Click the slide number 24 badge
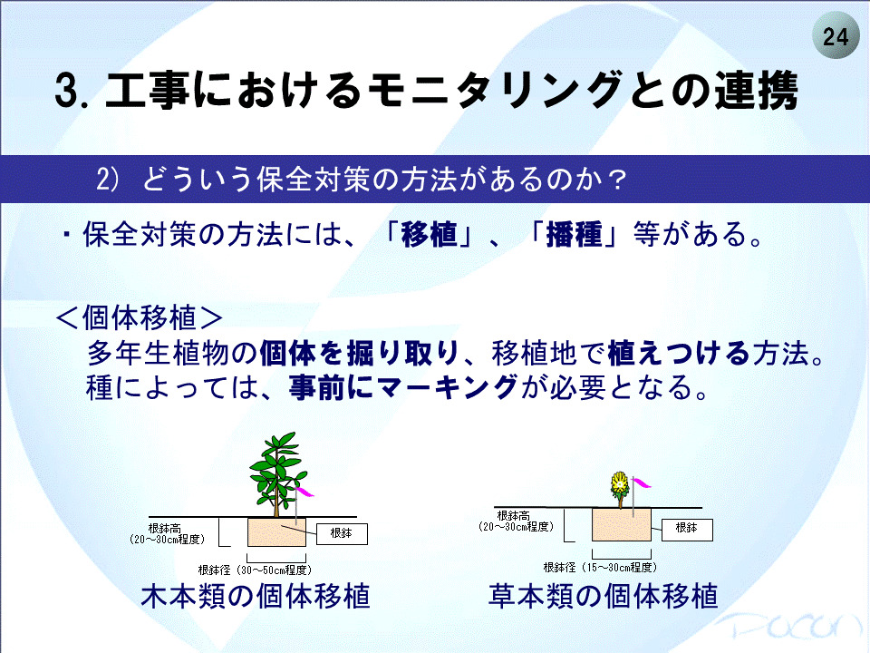(835, 36)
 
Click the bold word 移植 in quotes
(429, 234)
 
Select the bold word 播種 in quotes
(575, 234)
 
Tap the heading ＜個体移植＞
(140, 317)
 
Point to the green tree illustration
(277, 474)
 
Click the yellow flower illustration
(619, 489)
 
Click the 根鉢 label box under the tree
(342, 533)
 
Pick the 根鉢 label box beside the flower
(687, 529)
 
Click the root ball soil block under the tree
(276, 532)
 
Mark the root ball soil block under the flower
(622, 525)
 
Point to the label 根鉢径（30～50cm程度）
(256, 570)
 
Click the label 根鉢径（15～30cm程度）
(600, 568)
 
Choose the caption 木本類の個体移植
(256, 597)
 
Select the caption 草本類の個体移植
(604, 597)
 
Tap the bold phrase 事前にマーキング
(403, 387)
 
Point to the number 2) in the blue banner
(108, 180)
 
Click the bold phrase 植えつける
(679, 353)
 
